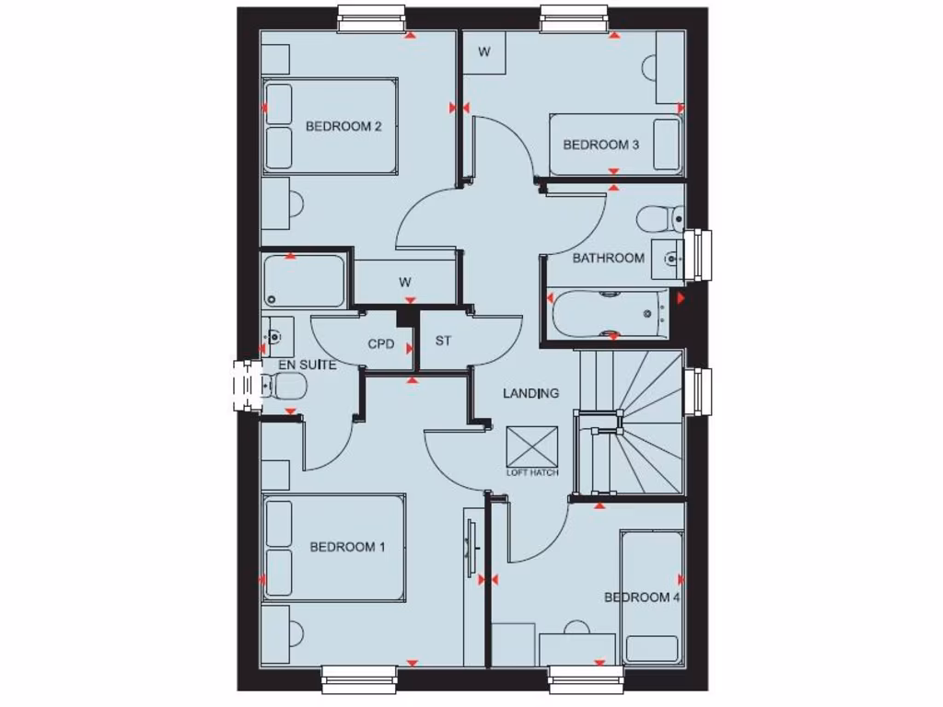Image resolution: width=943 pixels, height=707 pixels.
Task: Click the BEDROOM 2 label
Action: click(x=343, y=127)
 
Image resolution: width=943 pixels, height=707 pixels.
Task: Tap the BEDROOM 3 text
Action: click(x=600, y=145)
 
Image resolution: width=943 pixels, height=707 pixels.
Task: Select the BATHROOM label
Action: click(x=608, y=258)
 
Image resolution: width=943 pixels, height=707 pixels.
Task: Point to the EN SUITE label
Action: click(x=307, y=365)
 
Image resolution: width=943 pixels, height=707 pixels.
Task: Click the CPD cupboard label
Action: click(x=381, y=344)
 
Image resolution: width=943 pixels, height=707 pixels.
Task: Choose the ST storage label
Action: click(x=443, y=341)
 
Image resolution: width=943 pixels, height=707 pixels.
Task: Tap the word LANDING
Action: click(x=530, y=393)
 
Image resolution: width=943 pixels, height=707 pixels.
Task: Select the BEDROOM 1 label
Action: click(x=347, y=547)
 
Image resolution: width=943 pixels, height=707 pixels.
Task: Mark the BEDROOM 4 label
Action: click(x=642, y=597)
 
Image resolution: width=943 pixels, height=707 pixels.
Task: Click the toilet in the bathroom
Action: click(x=659, y=219)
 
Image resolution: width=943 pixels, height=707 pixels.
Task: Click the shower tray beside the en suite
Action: click(x=304, y=282)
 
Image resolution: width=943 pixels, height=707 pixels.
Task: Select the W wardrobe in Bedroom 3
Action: click(x=483, y=52)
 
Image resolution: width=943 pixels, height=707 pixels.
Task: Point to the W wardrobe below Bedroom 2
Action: click(x=405, y=282)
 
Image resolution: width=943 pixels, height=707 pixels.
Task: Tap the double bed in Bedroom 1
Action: click(x=334, y=548)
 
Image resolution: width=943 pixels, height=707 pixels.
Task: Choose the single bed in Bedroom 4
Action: click(x=652, y=597)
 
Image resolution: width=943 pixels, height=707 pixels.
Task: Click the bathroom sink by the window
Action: click(x=669, y=259)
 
